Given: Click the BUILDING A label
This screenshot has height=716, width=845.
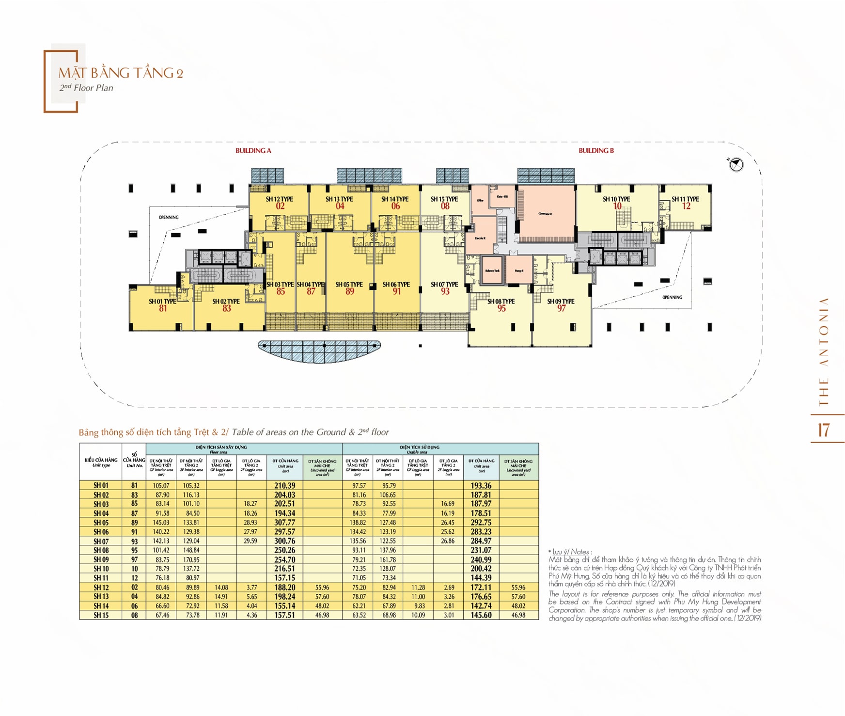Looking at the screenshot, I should pos(253,151).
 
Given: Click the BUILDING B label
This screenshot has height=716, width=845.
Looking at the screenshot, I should pos(596,151).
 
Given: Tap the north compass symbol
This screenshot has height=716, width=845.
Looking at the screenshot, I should pos(736,165).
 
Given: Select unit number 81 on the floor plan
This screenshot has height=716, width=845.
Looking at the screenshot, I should pos(163,309).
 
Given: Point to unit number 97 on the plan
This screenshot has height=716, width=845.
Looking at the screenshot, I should pos(561,309).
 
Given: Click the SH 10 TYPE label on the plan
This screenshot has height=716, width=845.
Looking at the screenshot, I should pos(616,199).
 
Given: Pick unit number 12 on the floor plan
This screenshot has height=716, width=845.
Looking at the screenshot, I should pos(686,207).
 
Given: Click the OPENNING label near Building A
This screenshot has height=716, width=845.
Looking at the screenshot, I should pos(169,217).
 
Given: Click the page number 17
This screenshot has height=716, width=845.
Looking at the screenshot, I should pos(823,430).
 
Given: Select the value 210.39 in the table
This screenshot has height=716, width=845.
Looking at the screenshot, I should pos(285,485).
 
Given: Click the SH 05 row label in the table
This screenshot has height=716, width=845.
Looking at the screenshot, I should pos(101,523).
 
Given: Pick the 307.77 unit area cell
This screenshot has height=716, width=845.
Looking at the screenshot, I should pos(285,523).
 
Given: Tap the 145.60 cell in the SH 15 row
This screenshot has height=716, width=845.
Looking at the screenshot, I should pos(481,615).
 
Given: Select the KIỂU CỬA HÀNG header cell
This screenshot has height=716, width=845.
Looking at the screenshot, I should pos(101,462).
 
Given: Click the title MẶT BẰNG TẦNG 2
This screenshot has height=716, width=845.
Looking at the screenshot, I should pos(121,73).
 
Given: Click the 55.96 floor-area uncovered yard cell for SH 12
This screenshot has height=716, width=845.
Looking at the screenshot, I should pos(322,588).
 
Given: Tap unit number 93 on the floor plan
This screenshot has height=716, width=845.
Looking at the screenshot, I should pos(445,292).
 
